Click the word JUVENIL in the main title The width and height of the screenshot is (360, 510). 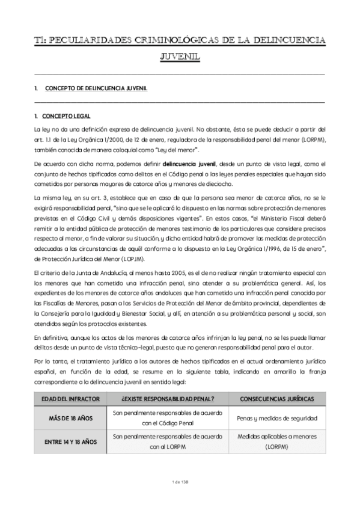pos(180,58)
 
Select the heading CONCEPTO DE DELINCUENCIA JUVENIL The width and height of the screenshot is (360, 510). pos(97,88)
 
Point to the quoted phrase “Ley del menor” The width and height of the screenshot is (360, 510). pos(178,149)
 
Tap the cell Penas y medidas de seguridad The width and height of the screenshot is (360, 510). pos(278,417)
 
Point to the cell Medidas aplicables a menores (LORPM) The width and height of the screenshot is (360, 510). pos(278,442)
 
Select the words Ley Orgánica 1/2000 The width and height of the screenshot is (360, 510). pos(98,139)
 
